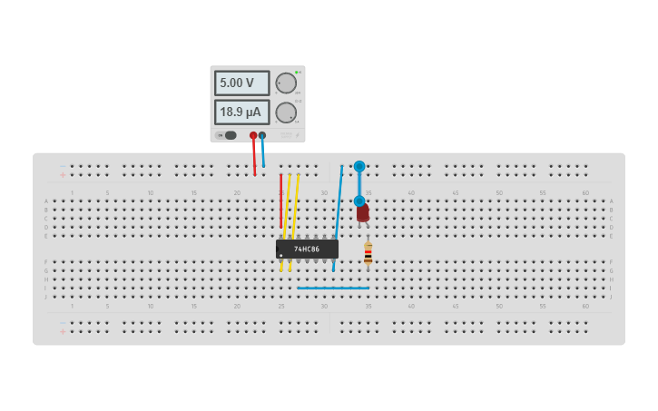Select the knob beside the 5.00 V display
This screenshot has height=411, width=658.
[x=286, y=83]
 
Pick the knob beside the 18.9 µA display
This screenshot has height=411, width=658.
[x=286, y=113]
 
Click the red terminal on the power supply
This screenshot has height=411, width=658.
[x=253, y=135]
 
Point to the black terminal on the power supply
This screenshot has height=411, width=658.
[x=262, y=135]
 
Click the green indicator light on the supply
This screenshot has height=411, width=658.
[x=296, y=72]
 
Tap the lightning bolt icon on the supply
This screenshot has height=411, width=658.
[x=297, y=134]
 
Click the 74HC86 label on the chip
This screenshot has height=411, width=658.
[x=307, y=249]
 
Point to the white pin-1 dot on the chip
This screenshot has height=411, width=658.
[x=281, y=254]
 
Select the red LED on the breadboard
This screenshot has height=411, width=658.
[x=363, y=213]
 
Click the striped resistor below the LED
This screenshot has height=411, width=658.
[x=368, y=253]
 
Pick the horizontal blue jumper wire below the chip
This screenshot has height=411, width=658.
[x=332, y=288]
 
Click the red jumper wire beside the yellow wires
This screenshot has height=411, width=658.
[x=280, y=200]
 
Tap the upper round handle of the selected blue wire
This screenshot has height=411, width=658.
[x=359, y=166]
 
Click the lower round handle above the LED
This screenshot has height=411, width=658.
[x=359, y=201]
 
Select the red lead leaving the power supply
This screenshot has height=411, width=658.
[x=254, y=154]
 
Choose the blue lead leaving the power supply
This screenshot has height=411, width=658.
[x=263, y=152]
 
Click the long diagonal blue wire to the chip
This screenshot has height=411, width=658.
[x=338, y=218]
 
